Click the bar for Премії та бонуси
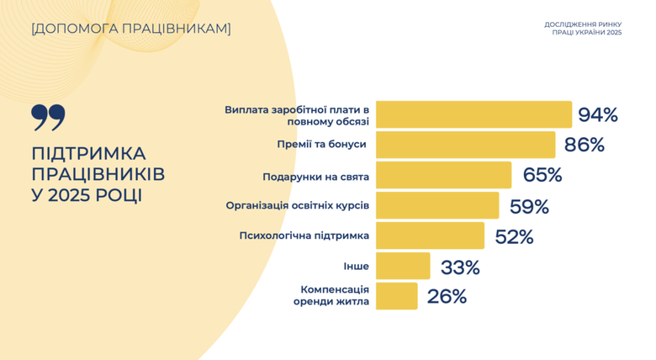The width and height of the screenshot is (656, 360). click(x=465, y=145)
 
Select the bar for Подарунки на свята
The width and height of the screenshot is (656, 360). click(x=443, y=175)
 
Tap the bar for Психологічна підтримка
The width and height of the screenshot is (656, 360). click(x=430, y=236)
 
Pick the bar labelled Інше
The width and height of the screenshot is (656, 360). click(x=403, y=266)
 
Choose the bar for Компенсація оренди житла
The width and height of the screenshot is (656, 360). click(x=396, y=296)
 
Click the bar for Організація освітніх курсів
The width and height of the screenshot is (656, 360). click(x=437, y=205)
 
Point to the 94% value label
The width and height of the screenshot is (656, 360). click(x=598, y=114)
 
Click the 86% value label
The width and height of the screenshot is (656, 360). click(x=585, y=145)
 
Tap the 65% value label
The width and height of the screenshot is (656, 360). click(x=542, y=176)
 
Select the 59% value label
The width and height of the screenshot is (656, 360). click(x=529, y=206)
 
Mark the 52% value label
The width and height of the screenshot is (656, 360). click(x=514, y=236)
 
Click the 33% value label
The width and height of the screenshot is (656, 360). click(x=460, y=267)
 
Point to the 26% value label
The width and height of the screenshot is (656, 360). click(x=447, y=296)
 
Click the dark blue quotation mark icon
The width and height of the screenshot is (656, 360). click(x=48, y=118)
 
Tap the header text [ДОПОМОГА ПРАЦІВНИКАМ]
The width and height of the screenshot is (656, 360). click(x=130, y=29)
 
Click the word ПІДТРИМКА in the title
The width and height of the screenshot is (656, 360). click(x=88, y=154)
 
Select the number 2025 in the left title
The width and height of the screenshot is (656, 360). click(x=71, y=195)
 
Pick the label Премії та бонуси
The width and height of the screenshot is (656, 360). click(x=321, y=145)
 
